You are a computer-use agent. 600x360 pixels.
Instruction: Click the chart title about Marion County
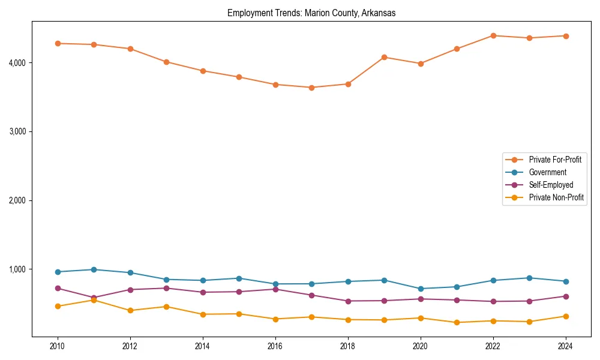(311, 13)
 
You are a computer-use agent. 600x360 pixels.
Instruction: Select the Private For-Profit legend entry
(554, 160)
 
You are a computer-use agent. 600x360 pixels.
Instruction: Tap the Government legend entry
(547, 172)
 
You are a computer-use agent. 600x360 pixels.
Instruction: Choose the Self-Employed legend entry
(551, 185)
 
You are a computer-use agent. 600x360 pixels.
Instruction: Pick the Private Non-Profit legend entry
(556, 197)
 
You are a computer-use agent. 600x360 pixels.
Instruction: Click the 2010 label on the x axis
(58, 346)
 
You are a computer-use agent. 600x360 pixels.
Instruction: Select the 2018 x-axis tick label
(347, 346)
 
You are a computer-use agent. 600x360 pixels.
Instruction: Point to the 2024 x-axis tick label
(565, 346)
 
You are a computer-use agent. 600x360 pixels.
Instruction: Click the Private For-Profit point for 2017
(311, 88)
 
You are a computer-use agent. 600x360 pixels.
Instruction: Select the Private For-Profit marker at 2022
(493, 35)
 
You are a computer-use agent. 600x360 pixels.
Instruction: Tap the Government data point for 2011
(94, 269)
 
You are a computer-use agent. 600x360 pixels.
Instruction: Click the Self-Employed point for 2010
(58, 288)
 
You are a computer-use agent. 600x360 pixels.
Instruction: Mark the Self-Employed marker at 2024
(565, 296)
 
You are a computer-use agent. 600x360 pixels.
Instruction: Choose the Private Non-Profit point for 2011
(94, 300)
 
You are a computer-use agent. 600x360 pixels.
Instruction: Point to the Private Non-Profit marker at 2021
(457, 322)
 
